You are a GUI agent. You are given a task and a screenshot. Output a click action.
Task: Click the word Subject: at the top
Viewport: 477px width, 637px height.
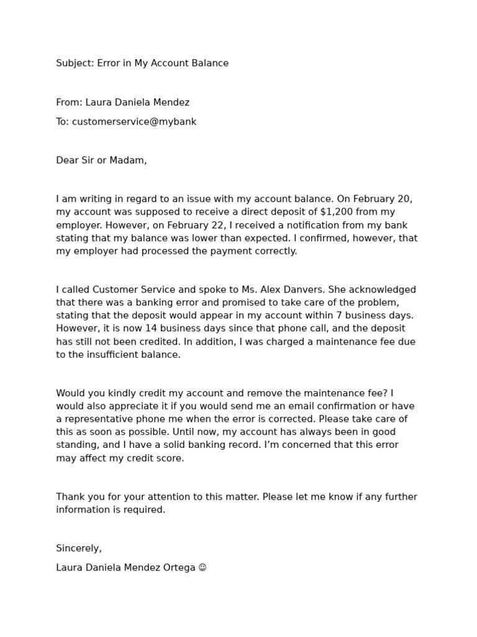pos(75,63)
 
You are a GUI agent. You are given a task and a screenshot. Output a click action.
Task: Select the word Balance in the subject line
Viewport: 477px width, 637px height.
pos(209,63)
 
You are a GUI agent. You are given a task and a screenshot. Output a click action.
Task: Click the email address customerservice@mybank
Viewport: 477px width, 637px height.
pos(134,122)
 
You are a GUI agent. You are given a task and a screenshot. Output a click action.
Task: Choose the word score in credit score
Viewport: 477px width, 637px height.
pos(171,458)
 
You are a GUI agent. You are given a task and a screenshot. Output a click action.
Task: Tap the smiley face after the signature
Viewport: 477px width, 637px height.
pos(202,568)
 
